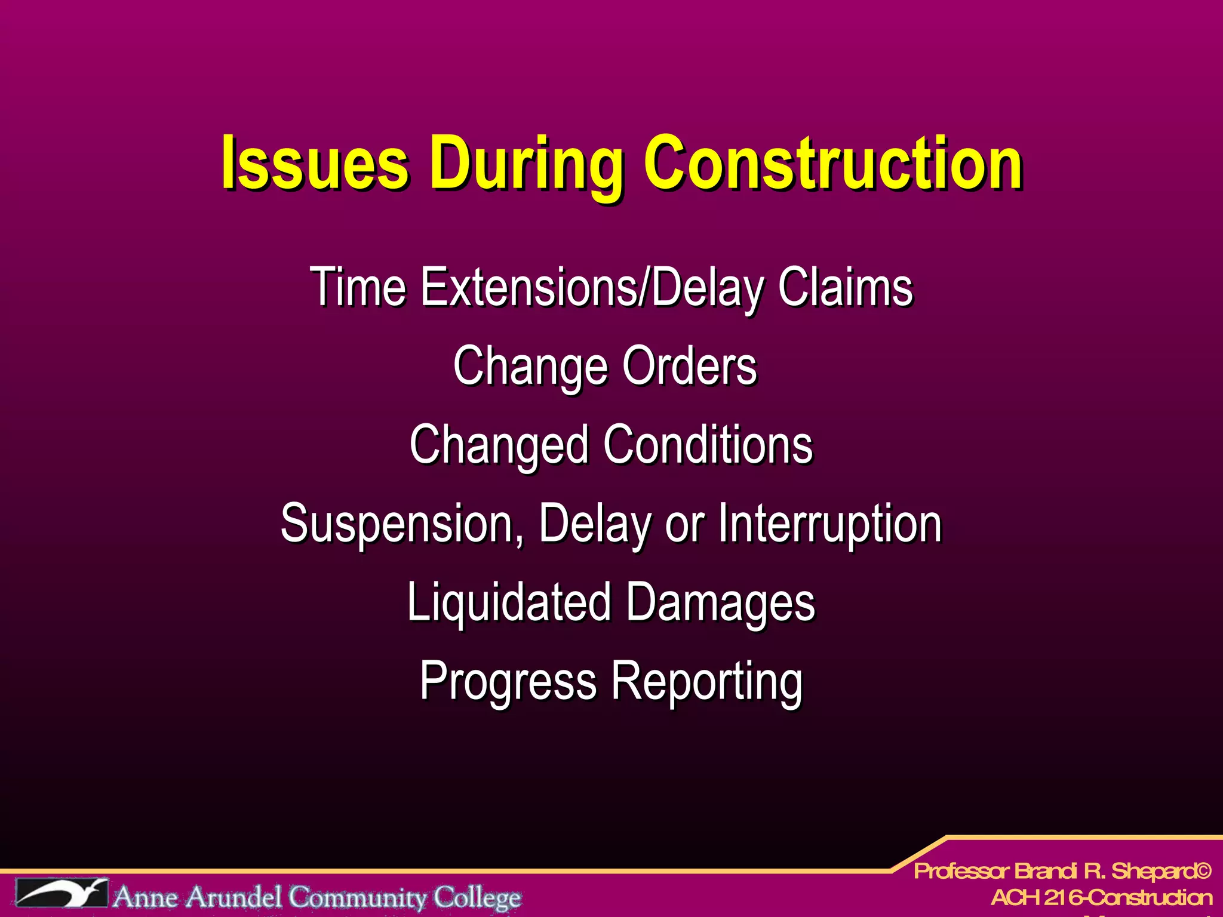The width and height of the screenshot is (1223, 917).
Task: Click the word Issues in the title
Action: click(x=315, y=162)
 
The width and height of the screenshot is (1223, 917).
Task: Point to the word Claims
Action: click(x=845, y=287)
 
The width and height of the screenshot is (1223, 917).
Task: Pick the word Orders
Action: click(x=690, y=366)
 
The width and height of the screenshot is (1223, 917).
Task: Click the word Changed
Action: click(x=499, y=445)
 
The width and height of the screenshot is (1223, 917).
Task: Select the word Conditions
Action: click(x=708, y=445)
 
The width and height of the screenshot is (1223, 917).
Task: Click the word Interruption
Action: click(x=830, y=524)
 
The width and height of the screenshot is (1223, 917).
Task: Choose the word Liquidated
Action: click(x=509, y=602)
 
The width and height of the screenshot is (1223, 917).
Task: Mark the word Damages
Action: click(x=721, y=602)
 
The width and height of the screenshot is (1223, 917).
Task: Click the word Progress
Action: click(x=508, y=681)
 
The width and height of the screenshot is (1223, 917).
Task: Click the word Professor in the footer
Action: click(x=961, y=871)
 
